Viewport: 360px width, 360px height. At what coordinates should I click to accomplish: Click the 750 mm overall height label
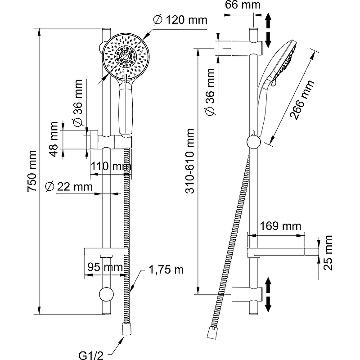pyautogui.click(x=31, y=171)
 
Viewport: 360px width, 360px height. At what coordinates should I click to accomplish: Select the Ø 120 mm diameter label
pyautogui.click(x=180, y=20)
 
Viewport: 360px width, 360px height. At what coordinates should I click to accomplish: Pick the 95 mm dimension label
pyautogui.click(x=104, y=267)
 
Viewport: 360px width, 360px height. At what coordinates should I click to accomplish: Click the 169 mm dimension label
pyautogui.click(x=279, y=225)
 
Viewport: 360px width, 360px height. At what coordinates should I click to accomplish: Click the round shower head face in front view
pyautogui.click(x=126, y=56)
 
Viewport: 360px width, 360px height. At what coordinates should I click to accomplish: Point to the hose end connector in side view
pyautogui.click(x=210, y=333)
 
